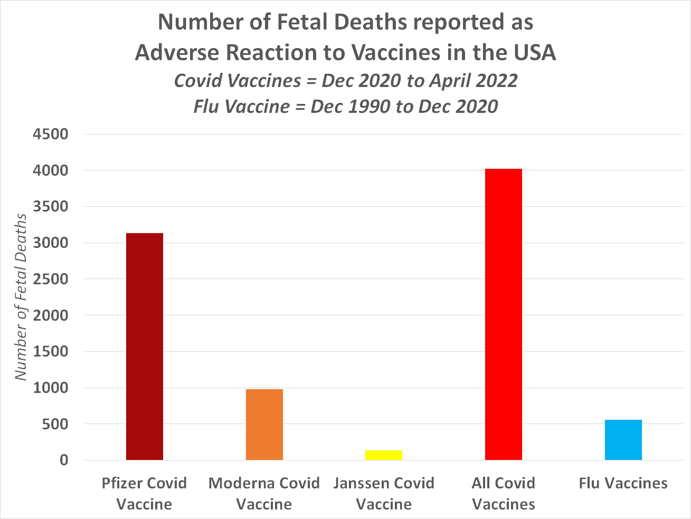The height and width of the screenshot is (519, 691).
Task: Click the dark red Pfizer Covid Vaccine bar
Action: [145, 347]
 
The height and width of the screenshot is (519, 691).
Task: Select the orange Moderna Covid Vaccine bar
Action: [264, 425]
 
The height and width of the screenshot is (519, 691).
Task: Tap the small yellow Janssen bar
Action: [384, 455]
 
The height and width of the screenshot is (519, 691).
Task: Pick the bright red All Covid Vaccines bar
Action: [504, 314]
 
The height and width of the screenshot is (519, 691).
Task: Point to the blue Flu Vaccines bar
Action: [623, 440]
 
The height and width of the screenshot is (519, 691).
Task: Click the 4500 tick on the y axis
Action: [51, 134]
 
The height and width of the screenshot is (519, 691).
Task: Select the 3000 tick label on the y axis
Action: [51, 243]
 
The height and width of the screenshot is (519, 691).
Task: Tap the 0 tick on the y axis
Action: [64, 460]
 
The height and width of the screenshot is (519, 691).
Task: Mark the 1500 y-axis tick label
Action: [51, 352]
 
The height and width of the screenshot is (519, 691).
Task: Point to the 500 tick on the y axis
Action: [55, 424]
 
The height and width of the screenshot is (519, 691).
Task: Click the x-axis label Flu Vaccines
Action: [623, 483]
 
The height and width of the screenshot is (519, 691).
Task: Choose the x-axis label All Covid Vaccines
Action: [504, 494]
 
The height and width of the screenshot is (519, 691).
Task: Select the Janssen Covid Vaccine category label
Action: [384, 494]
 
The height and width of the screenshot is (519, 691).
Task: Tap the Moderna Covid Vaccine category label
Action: [264, 494]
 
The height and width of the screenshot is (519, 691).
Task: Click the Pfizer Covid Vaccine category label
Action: [145, 494]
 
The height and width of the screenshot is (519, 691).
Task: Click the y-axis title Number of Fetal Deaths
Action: [21, 297]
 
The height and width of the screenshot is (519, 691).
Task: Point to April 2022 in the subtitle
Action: [473, 81]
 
